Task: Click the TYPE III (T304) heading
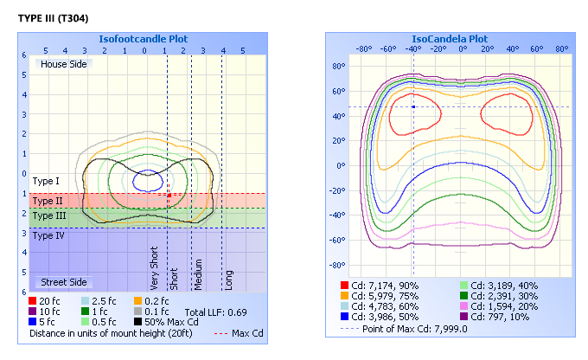52,17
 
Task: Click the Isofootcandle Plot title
143,39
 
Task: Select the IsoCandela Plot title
449,39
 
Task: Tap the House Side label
61,64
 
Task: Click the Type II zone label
47,201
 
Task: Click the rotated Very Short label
154,269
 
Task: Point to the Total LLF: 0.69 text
216,311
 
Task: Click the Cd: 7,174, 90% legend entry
380,285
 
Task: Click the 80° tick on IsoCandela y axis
340,66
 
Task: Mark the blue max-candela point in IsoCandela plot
413,106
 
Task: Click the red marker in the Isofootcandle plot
169,196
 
